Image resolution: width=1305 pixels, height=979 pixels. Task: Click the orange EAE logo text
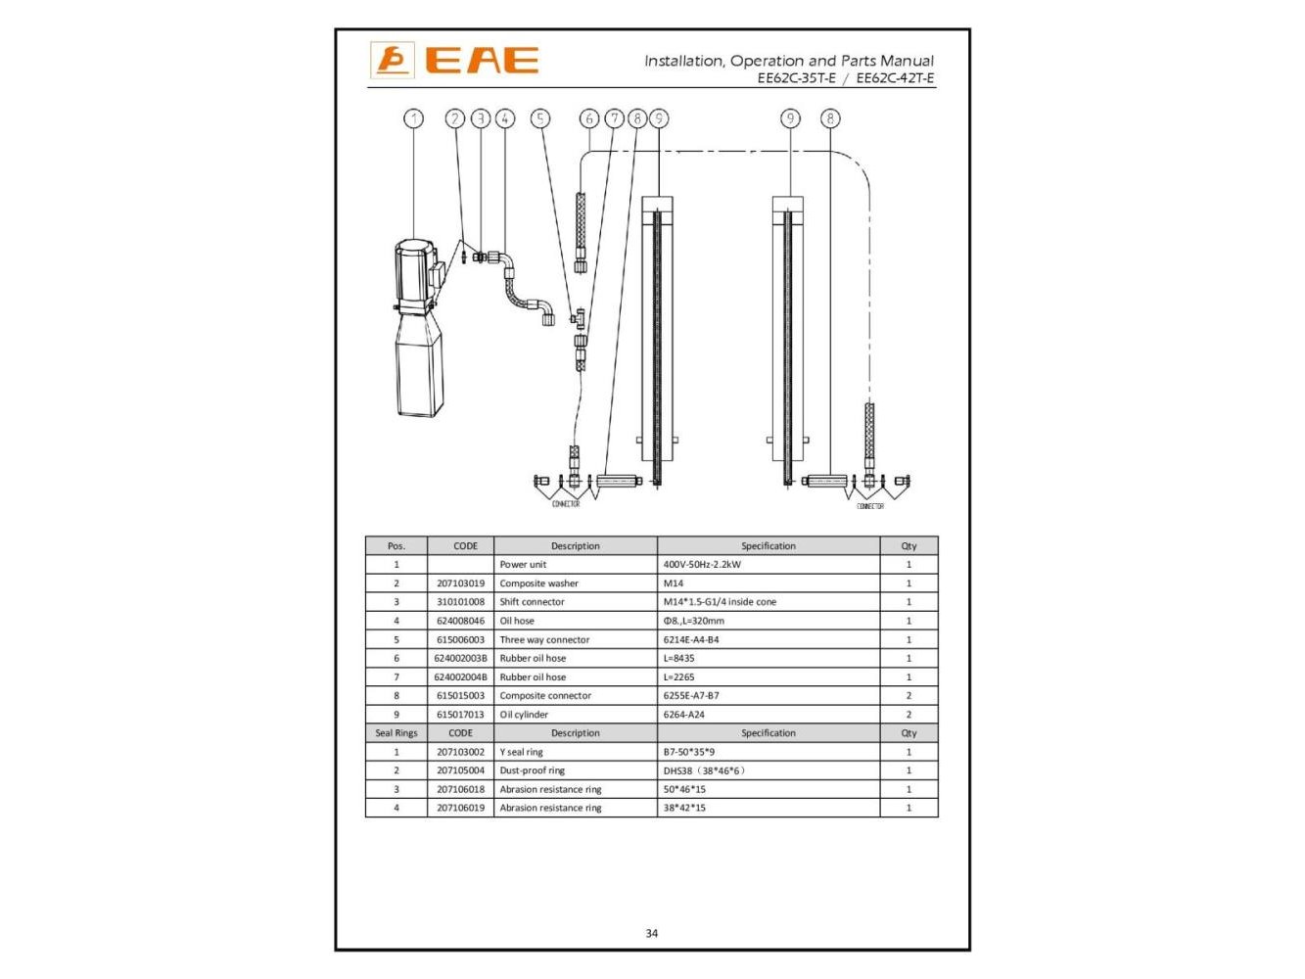click(482, 60)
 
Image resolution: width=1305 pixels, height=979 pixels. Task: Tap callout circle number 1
click(414, 118)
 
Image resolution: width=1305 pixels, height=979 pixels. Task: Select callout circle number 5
click(539, 118)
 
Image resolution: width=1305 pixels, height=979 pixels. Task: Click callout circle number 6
click(589, 118)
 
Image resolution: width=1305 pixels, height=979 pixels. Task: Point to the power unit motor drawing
click(419, 327)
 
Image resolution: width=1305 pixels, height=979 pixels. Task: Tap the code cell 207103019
click(460, 583)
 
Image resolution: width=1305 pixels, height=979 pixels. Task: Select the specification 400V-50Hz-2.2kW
click(702, 564)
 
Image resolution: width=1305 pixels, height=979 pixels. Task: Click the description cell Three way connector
click(544, 639)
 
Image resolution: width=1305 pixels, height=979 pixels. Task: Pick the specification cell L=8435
click(679, 658)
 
